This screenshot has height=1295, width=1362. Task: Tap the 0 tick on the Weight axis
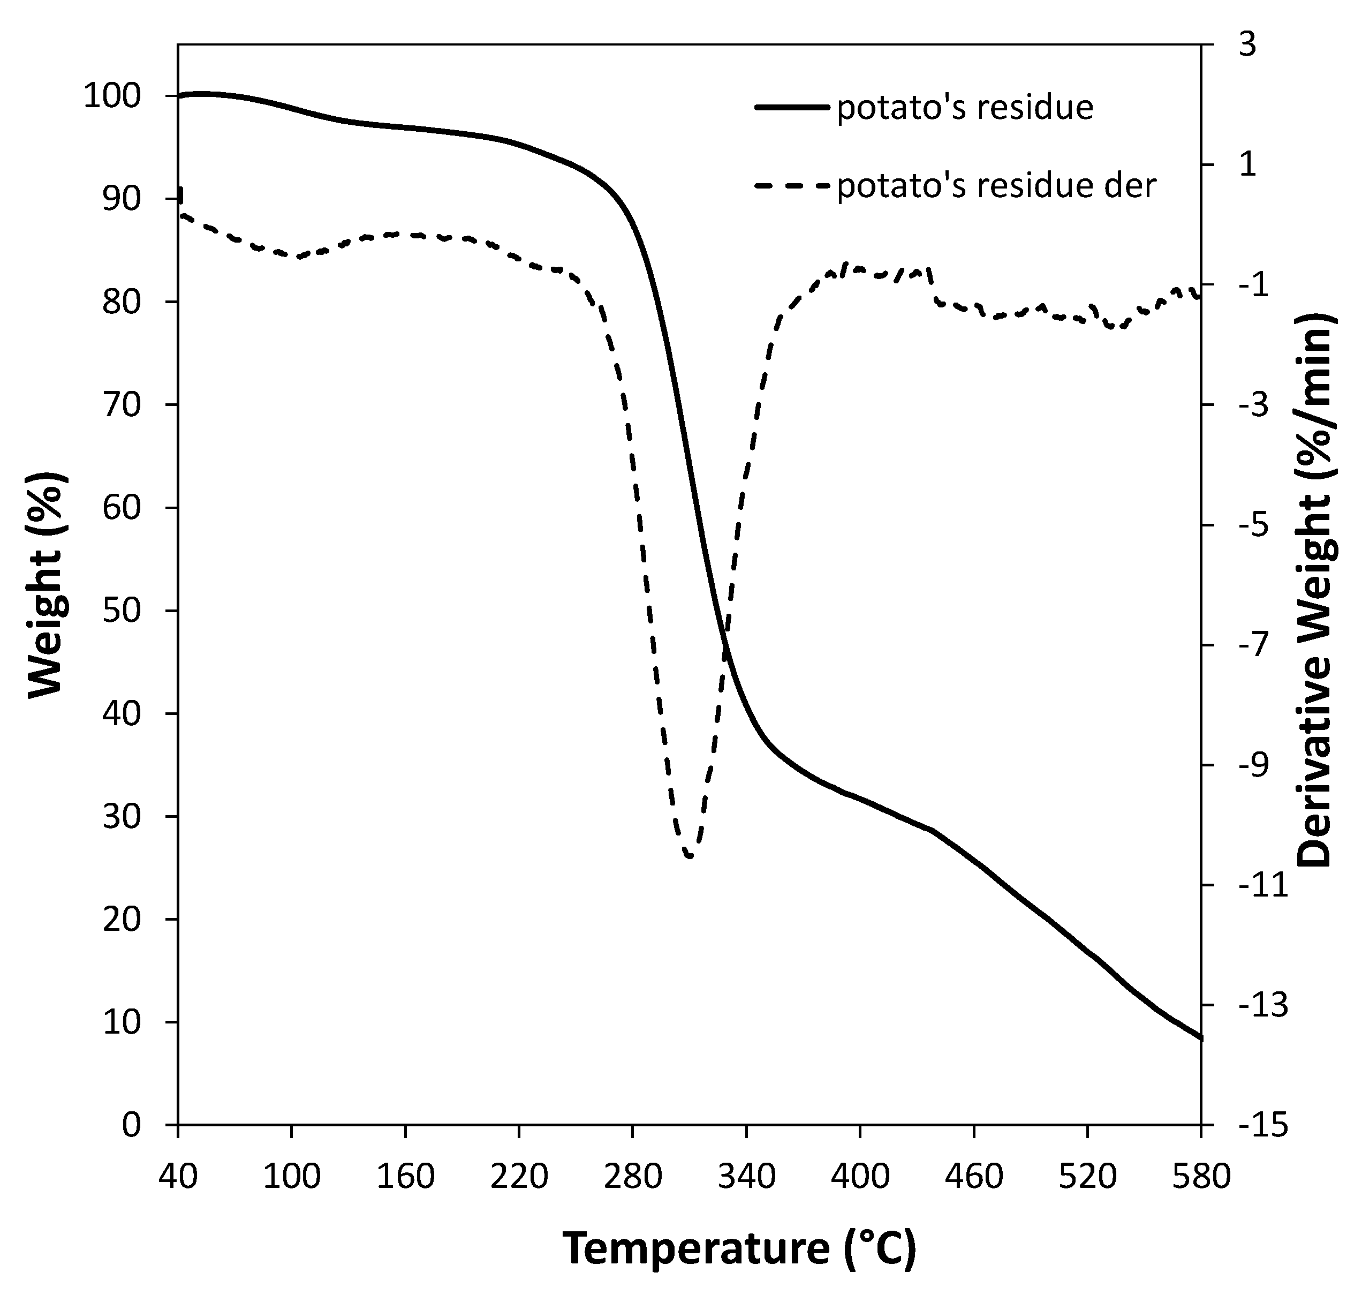[x=131, y=1125]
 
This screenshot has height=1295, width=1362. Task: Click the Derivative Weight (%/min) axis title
[x=1315, y=590]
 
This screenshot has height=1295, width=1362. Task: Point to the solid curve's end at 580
[x=1200, y=1037]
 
